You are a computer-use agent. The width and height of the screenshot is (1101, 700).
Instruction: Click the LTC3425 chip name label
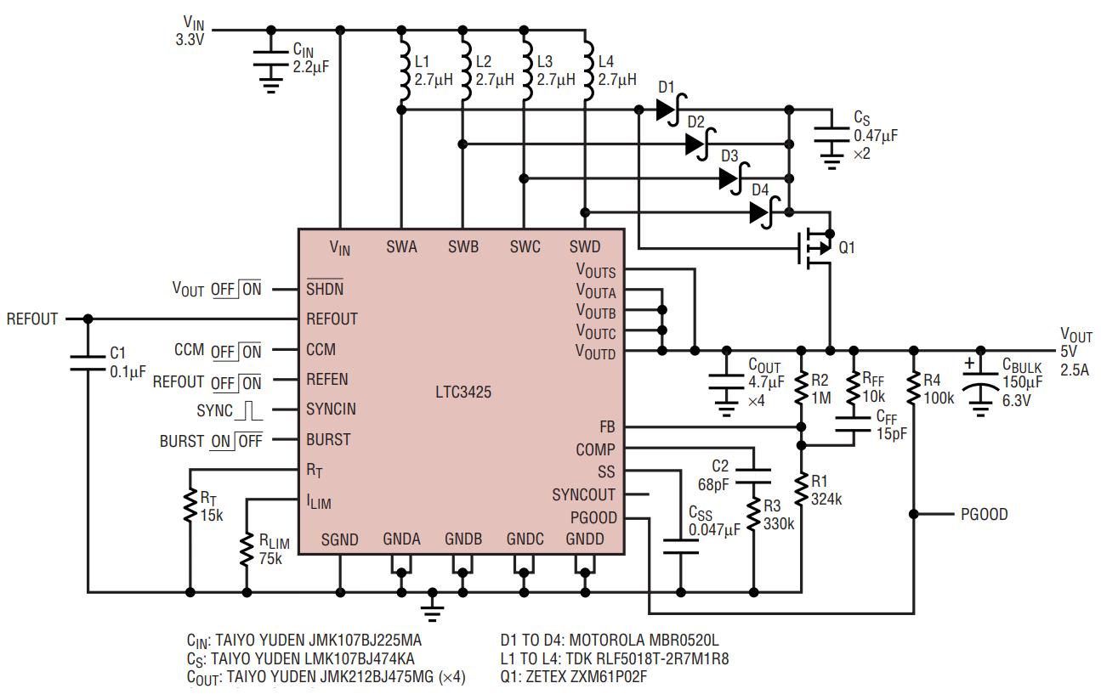point(463,392)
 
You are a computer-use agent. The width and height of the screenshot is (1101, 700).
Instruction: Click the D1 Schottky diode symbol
point(671,110)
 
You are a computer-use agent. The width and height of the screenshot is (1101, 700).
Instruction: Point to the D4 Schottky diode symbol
point(763,212)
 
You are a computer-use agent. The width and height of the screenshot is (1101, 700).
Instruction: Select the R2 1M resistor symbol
point(801,388)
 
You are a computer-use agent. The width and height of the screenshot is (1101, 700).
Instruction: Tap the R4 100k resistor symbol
point(914,388)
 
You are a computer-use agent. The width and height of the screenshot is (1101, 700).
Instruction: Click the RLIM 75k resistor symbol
point(247,550)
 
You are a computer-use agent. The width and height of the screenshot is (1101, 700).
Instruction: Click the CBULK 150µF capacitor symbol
point(980,382)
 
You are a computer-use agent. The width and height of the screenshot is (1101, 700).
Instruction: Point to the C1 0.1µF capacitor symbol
point(88,363)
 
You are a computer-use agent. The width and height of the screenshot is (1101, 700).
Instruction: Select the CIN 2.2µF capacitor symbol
point(271,58)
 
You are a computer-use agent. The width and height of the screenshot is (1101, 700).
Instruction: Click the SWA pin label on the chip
point(401,246)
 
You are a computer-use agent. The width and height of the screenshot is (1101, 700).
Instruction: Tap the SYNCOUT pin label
point(583,494)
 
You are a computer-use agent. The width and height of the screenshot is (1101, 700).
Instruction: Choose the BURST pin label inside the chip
point(328,439)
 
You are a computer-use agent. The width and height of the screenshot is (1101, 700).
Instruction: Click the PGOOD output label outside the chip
point(984,514)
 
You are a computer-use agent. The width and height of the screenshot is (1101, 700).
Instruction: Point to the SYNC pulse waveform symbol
point(249,410)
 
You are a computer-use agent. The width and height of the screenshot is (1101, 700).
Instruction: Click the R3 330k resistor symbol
point(753,515)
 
